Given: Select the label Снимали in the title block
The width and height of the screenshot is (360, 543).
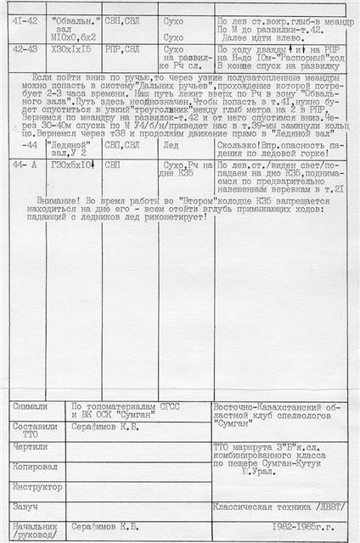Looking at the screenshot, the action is click(31, 406).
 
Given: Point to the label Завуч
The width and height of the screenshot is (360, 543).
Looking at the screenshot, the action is click(25, 507).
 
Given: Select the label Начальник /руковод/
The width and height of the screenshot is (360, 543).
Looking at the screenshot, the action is click(35, 531).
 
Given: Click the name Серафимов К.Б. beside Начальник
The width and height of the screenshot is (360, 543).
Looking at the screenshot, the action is click(107, 527).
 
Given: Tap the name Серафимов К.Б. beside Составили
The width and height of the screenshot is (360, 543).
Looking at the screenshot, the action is click(107, 427).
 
